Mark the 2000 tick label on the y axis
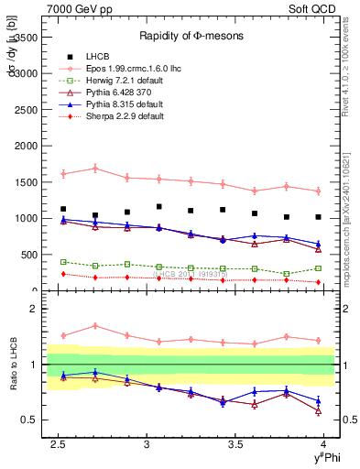[x=27, y=146]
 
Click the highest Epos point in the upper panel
[x=95, y=168]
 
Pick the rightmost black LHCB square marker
[x=318, y=217]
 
